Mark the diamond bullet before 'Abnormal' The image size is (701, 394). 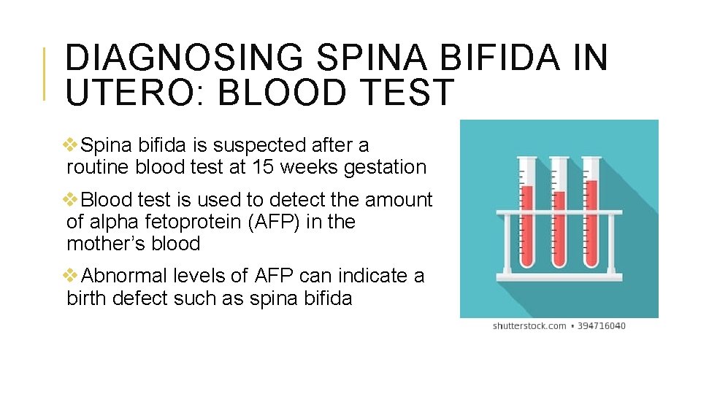[72, 276]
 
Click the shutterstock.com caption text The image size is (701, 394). [529, 325]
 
